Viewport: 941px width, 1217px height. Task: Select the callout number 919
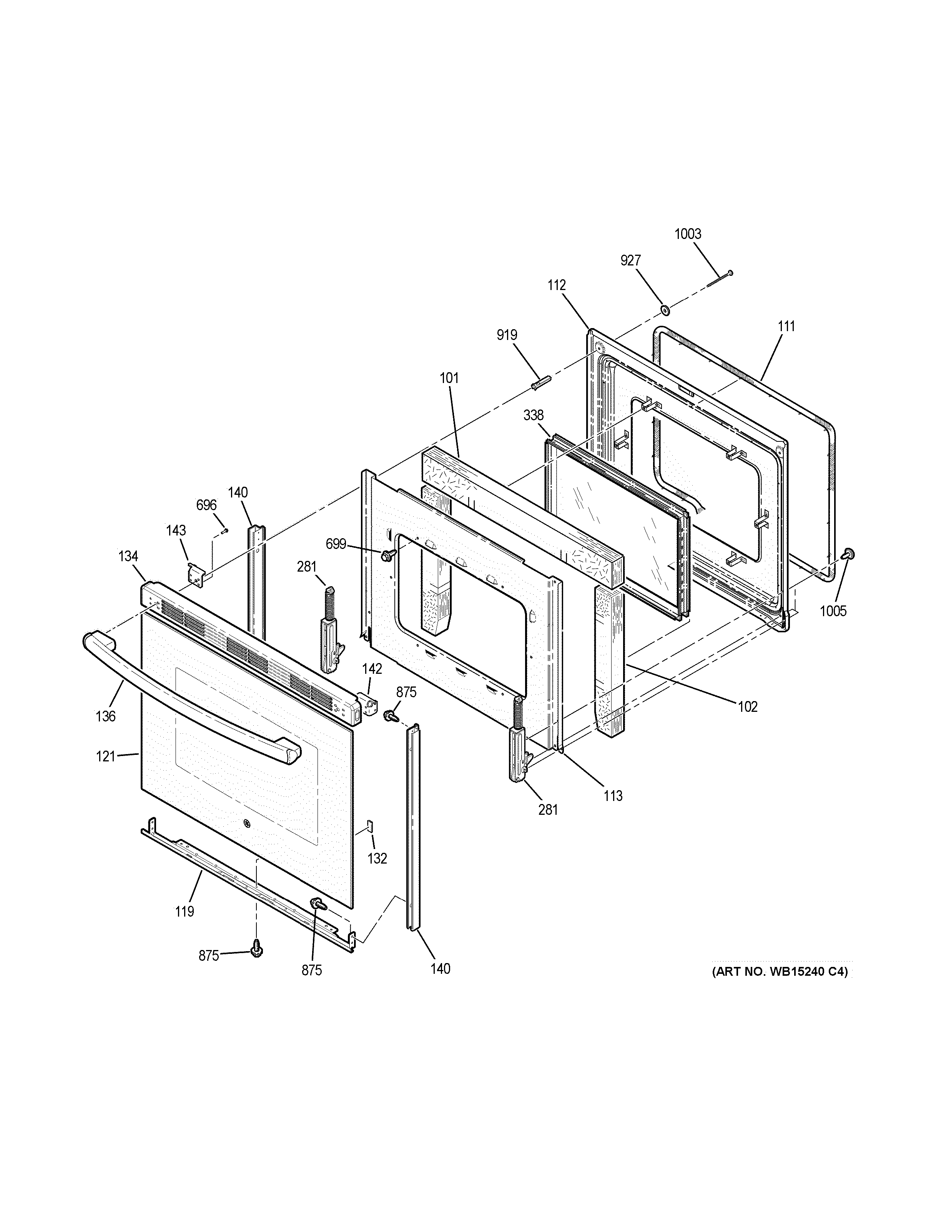point(507,335)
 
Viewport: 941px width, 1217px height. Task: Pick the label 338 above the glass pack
point(534,415)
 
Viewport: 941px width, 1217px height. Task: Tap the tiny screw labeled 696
point(225,530)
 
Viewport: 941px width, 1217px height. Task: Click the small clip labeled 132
point(370,825)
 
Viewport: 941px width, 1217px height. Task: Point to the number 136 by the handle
point(105,716)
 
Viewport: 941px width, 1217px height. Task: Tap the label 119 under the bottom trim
point(185,912)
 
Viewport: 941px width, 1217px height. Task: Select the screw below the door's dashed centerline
point(257,946)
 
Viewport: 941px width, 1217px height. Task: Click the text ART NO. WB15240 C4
point(779,971)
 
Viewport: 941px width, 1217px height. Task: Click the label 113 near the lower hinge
point(613,796)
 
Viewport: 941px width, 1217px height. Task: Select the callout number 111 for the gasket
point(786,327)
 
